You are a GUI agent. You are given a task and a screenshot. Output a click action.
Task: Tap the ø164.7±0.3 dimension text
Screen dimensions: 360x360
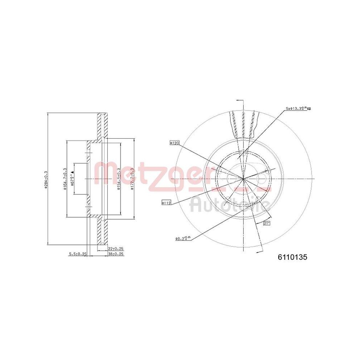point(65,178)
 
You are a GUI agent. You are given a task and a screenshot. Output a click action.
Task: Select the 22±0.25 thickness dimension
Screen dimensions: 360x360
point(116,249)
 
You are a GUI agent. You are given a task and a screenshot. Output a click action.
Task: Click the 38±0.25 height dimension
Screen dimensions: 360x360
point(116,254)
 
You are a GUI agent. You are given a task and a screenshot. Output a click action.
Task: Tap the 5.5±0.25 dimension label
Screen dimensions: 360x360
point(78,254)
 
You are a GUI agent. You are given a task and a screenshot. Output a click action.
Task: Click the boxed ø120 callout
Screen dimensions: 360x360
point(174,143)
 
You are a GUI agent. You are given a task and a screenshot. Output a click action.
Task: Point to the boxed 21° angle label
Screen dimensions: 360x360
point(267,224)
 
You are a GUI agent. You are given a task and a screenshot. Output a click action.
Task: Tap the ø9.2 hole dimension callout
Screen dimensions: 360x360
point(183,238)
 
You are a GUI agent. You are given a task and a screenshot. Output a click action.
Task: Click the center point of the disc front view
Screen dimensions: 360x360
point(243,179)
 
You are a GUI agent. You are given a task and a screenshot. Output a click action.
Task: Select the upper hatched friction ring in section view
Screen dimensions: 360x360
point(103,126)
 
